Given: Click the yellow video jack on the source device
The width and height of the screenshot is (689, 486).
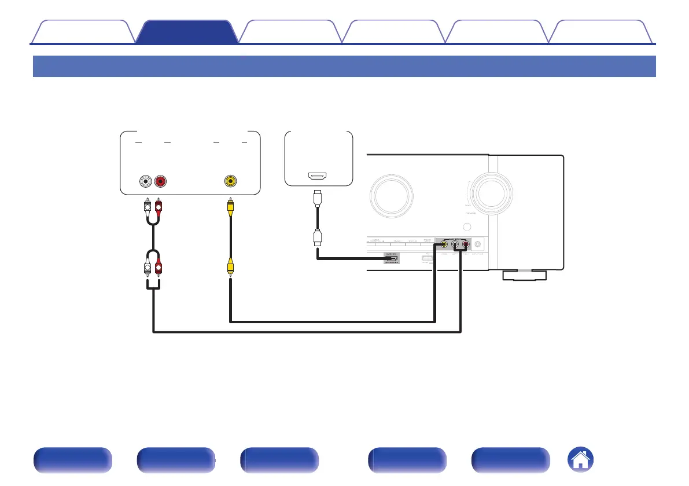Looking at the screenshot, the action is coord(231,181).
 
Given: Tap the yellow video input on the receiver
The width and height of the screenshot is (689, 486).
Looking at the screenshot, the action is coord(444,244).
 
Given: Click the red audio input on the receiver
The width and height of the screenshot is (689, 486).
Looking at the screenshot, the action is coord(465,244).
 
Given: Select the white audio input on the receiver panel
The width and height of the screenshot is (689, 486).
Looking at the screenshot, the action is coord(455,244).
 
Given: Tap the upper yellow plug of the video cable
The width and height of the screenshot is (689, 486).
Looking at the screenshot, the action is coord(231,206).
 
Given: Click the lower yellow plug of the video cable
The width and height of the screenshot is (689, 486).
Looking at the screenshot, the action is coord(231,266).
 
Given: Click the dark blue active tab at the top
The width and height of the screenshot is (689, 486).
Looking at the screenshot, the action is coord(187,32).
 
